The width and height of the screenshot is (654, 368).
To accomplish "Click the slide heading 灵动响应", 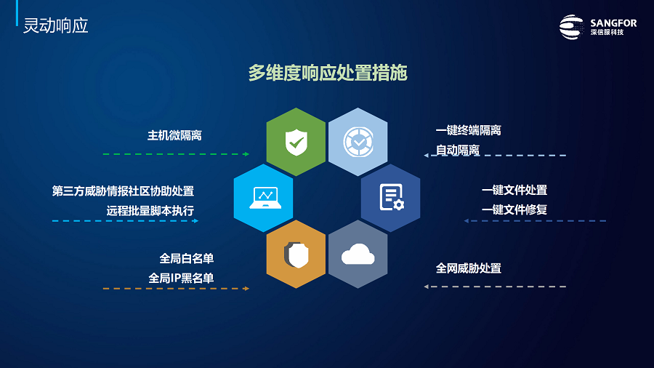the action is click(55, 26).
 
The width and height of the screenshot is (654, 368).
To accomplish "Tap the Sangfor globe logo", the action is click(571, 27).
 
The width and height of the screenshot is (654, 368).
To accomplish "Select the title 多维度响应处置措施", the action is click(328, 73).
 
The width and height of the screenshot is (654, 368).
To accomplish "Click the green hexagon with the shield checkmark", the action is click(296, 142).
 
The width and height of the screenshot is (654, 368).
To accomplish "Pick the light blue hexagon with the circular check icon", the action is click(358, 142).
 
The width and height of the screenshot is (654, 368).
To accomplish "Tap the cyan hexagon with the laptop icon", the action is click(264, 198).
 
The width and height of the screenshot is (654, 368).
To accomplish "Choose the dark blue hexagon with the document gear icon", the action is click(390, 198).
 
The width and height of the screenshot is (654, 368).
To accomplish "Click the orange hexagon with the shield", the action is click(296, 254).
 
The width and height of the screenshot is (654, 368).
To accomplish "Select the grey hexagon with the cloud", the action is click(358, 254).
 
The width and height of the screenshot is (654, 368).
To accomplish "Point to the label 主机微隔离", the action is click(174, 135).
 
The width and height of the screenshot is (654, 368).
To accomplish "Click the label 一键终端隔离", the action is click(469, 131).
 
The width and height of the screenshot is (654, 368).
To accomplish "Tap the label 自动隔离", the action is click(458, 151).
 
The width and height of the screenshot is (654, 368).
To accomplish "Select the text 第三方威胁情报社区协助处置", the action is click(123, 191).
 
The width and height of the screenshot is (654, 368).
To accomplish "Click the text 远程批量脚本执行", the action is click(150, 211).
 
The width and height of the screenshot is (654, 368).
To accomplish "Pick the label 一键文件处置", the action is click(514, 191).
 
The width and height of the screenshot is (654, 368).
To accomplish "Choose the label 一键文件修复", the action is click(514, 210).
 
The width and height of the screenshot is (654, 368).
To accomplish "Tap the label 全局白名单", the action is click(187, 259).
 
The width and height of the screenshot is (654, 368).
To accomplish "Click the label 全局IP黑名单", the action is click(182, 279).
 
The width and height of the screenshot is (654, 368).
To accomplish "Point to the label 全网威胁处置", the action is click(469, 268).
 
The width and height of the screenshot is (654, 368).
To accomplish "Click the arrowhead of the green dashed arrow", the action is click(247, 154).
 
